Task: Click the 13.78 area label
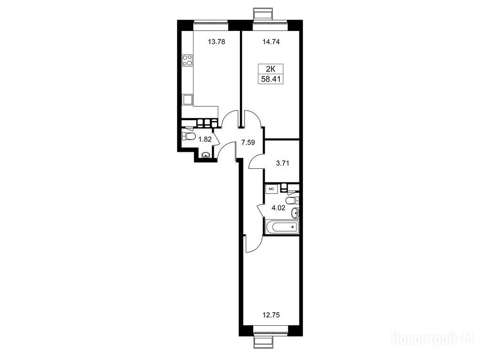217,42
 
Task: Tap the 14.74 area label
271,42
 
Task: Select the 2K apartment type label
271,69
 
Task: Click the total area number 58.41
271,79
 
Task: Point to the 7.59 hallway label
248,142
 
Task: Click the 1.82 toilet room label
205,140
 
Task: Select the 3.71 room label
282,163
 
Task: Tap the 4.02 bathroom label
278,208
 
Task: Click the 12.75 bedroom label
271,315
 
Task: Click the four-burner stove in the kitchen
187,60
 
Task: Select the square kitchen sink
187,100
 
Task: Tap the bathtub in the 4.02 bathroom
282,227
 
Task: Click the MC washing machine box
271,189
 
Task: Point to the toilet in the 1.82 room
189,136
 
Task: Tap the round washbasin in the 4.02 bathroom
295,212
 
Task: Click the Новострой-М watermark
435,339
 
